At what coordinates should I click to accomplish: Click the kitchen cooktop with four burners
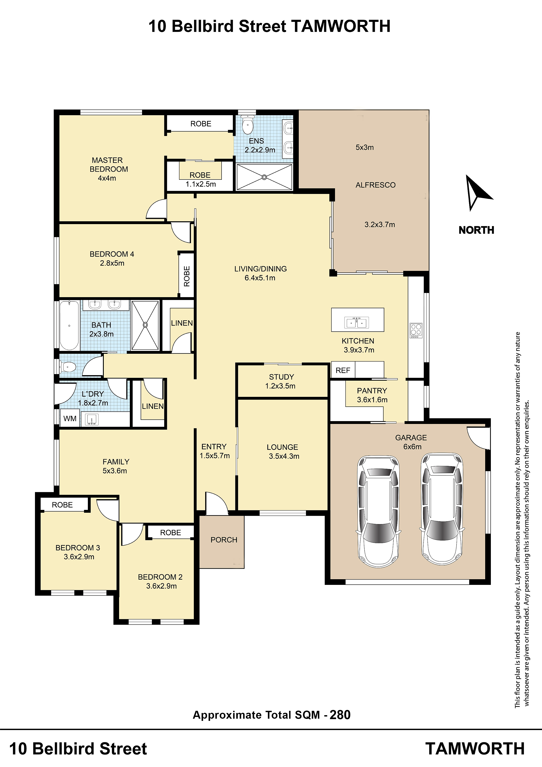click(416, 330)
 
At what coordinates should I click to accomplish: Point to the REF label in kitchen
click(343, 370)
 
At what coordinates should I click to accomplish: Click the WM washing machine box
click(70, 418)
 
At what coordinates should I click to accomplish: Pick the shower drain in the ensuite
click(264, 177)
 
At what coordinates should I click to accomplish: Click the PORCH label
click(224, 540)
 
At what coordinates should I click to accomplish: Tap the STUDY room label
click(281, 377)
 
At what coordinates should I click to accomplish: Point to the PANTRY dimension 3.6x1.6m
click(372, 399)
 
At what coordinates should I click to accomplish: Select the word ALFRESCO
click(375, 185)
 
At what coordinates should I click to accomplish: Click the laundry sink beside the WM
click(92, 419)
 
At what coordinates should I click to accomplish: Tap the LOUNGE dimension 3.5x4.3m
click(284, 456)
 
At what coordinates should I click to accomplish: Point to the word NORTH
click(476, 230)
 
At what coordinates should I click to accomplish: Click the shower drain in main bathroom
click(145, 325)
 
